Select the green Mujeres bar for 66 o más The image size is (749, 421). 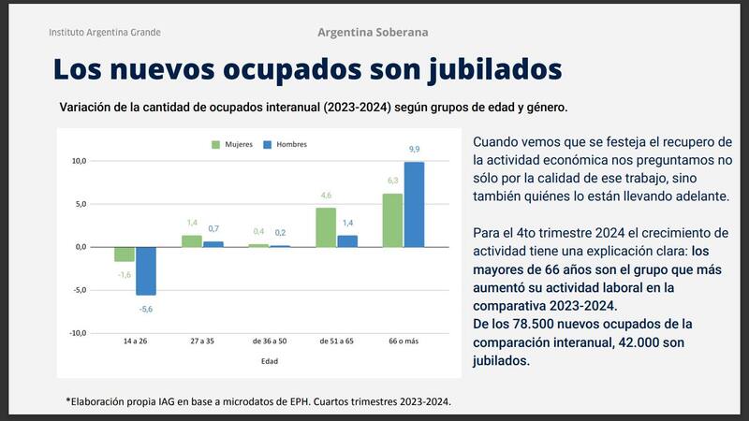pos(392,220)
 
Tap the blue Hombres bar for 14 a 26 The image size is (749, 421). pos(146,270)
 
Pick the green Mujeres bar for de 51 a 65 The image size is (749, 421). pos(326,227)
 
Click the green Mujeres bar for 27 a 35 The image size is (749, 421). pos(192,241)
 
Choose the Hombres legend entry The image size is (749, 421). pos(286,144)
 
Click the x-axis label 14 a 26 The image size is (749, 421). pos(135,341)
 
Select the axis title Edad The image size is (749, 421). pos(270,361)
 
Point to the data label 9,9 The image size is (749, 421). pos(414,150)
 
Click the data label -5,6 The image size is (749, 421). pos(146,308)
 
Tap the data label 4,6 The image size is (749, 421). pos(326,196)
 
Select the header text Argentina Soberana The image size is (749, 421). pos(373,32)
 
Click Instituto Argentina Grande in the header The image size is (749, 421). pos(105,32)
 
